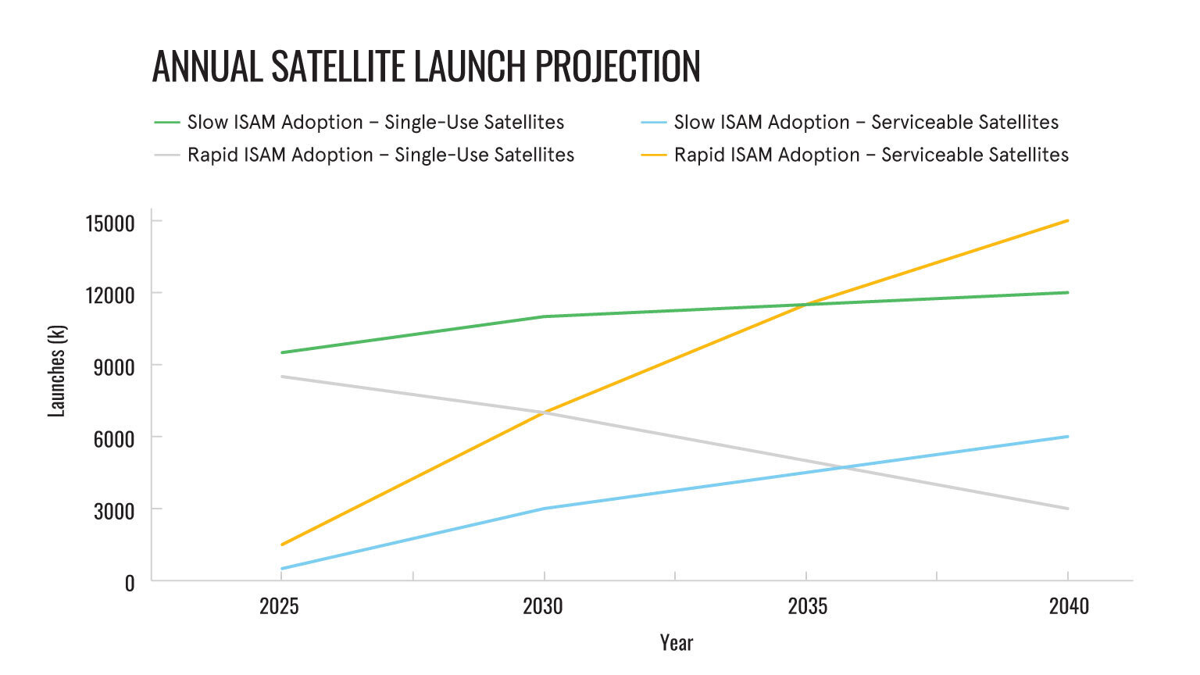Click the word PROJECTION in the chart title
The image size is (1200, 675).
coord(617,66)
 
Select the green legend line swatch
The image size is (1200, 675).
coord(167,123)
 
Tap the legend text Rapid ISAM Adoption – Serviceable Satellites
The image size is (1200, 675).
coord(871,155)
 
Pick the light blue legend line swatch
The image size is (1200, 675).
coord(654,123)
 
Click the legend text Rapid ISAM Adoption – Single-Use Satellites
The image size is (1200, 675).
coord(380,155)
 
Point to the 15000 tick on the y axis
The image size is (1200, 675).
coord(110,223)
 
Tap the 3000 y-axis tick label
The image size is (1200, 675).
coord(114,511)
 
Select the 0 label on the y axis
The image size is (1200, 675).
coord(130,583)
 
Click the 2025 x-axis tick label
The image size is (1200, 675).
coord(280,606)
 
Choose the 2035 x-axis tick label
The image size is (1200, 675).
coord(807,606)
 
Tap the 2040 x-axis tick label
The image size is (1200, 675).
coord(1069,606)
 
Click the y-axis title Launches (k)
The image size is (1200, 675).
coord(56,371)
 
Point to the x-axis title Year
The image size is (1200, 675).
coord(677,643)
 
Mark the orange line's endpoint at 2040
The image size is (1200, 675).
coord(1068,220)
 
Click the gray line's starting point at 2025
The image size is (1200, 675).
coord(281,377)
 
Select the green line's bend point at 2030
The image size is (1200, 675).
coord(544,316)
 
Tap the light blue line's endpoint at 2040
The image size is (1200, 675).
coord(1068,437)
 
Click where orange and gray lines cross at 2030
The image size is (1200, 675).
coord(544,412)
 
